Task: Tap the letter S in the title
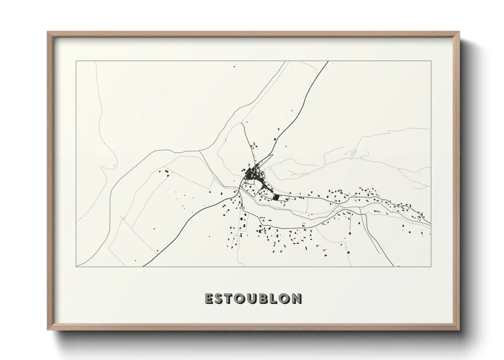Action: point(220,298)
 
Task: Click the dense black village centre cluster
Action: point(252,175)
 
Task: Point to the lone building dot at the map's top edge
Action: point(234,65)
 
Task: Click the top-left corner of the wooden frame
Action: point(48,32)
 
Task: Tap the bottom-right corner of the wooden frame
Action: point(459,330)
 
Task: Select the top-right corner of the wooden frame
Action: point(459,32)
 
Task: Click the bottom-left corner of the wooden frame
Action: point(48,330)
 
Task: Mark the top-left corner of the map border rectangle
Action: point(76,61)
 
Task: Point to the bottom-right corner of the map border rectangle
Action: point(431,266)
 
